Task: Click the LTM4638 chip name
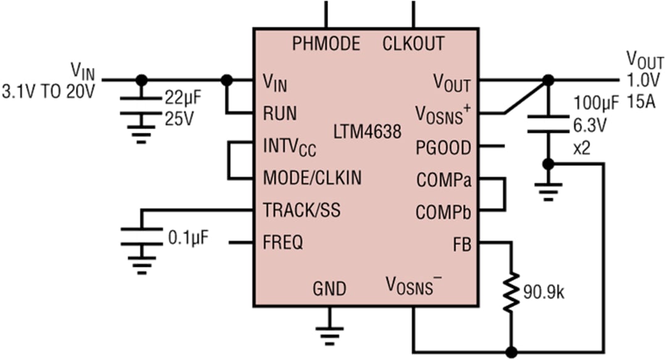[x=368, y=132]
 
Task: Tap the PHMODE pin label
[x=326, y=44]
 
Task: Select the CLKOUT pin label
[x=413, y=44]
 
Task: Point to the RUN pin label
[x=279, y=113]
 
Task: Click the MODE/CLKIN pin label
[x=312, y=178]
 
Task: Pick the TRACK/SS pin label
[x=302, y=210]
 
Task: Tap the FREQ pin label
[x=283, y=243]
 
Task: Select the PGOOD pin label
[x=443, y=148]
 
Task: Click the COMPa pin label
[x=444, y=181]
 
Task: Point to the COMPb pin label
[x=444, y=213]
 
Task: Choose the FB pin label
[x=461, y=244]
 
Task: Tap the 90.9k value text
[x=543, y=292]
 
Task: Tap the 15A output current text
[x=642, y=100]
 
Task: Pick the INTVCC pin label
[x=289, y=148]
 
